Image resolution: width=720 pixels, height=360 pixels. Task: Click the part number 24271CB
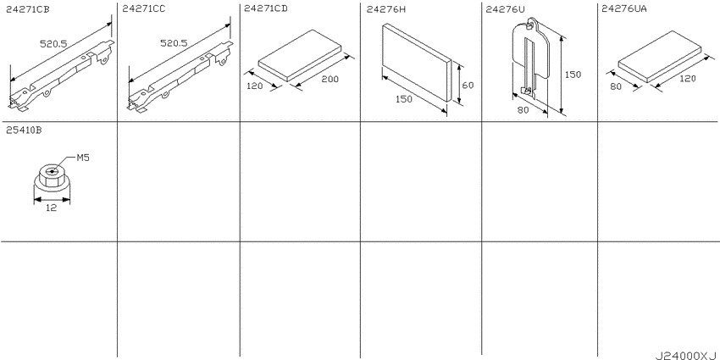[x=28, y=8]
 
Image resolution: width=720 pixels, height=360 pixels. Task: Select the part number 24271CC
[x=144, y=8]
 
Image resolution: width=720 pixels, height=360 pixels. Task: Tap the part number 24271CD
[x=266, y=8]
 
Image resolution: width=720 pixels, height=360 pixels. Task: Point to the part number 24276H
[x=386, y=8]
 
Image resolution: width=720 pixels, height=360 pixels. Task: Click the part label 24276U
[x=505, y=8]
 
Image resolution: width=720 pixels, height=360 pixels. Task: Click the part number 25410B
[x=24, y=130]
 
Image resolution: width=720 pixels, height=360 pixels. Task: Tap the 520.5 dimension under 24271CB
[x=53, y=43]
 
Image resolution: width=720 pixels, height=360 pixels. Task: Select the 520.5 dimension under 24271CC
[x=174, y=43]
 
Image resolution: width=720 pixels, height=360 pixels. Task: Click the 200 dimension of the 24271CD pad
[x=330, y=79]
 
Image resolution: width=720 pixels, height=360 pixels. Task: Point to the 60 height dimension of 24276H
[x=468, y=85]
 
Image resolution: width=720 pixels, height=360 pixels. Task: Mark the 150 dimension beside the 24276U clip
[x=573, y=75]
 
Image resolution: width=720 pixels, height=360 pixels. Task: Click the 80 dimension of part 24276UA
[x=616, y=86]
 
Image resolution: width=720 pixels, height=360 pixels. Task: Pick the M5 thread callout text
[x=83, y=158]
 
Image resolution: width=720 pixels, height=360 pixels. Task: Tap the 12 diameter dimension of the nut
[x=52, y=208]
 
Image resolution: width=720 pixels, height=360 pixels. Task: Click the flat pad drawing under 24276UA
[x=660, y=57]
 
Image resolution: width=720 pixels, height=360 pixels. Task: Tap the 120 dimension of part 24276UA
[x=688, y=79]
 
